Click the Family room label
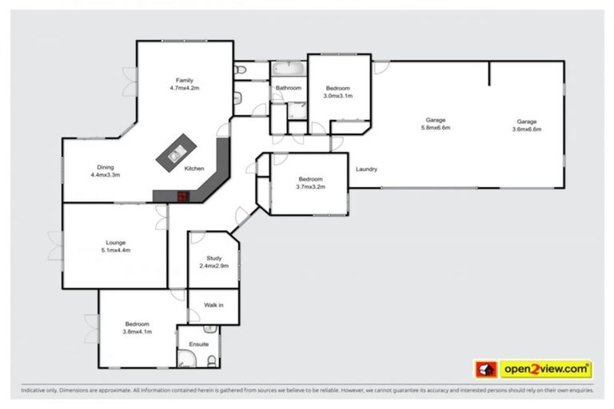point(184,81)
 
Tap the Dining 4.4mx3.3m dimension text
point(105,174)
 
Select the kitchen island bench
point(176,152)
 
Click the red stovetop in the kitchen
point(182,196)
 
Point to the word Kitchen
point(194,169)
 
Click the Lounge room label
point(116,242)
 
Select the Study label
point(213,258)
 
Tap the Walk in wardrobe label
point(213,305)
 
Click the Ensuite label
point(198,344)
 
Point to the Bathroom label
point(288,88)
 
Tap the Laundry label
point(367,169)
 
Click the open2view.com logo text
point(545,369)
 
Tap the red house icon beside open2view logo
point(486,369)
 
